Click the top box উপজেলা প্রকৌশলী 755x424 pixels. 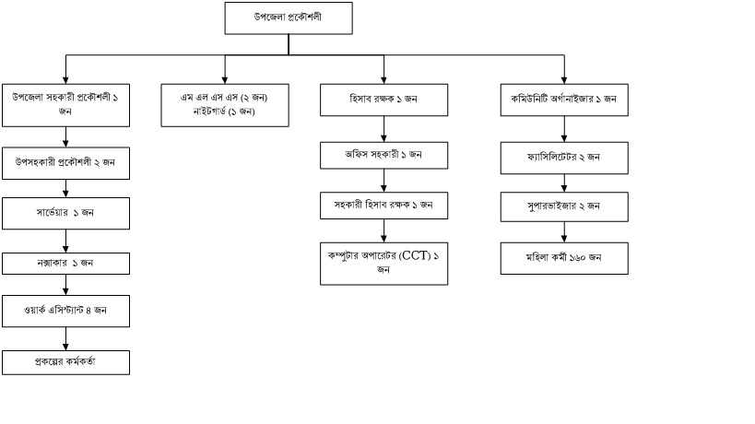(x=288, y=18)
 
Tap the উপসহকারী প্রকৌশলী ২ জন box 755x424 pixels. (x=65, y=163)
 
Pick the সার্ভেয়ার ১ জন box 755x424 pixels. (x=65, y=213)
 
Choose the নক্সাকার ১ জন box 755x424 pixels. (x=65, y=263)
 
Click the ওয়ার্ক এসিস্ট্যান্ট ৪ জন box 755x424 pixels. (x=65, y=311)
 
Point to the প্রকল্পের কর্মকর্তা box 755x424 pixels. (x=65, y=362)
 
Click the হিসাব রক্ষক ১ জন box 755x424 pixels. (x=384, y=99)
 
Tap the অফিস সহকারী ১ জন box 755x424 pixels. (x=384, y=154)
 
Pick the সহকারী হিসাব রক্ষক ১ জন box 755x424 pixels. (x=384, y=205)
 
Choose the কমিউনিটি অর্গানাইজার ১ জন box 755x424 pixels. (x=564, y=99)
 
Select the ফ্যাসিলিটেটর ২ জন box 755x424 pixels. (x=564, y=158)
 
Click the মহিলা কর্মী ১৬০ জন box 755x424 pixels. (x=564, y=257)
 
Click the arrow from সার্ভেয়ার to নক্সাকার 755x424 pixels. (x=65, y=241)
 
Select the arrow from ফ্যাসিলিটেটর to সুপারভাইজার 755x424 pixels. (x=564, y=183)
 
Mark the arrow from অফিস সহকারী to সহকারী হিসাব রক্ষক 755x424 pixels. (x=384, y=181)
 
